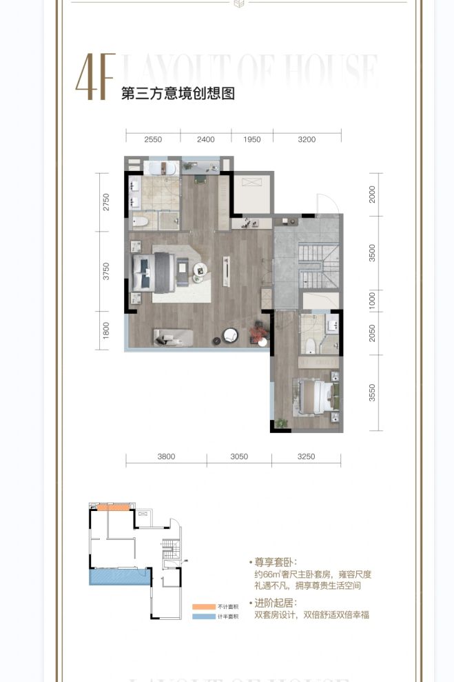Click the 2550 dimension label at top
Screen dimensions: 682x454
coord(153,139)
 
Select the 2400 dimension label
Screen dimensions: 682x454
coord(206,139)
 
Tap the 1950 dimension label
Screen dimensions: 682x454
coord(253,139)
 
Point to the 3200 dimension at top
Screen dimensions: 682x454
coord(307,139)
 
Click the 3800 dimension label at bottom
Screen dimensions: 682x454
coord(166,457)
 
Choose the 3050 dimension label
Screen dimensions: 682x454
coord(239,457)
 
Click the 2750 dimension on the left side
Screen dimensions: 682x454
coord(106,201)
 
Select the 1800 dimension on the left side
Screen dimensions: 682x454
coord(106,331)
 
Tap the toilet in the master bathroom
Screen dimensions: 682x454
coord(142,221)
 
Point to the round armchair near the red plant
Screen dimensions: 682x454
coord(229,336)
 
